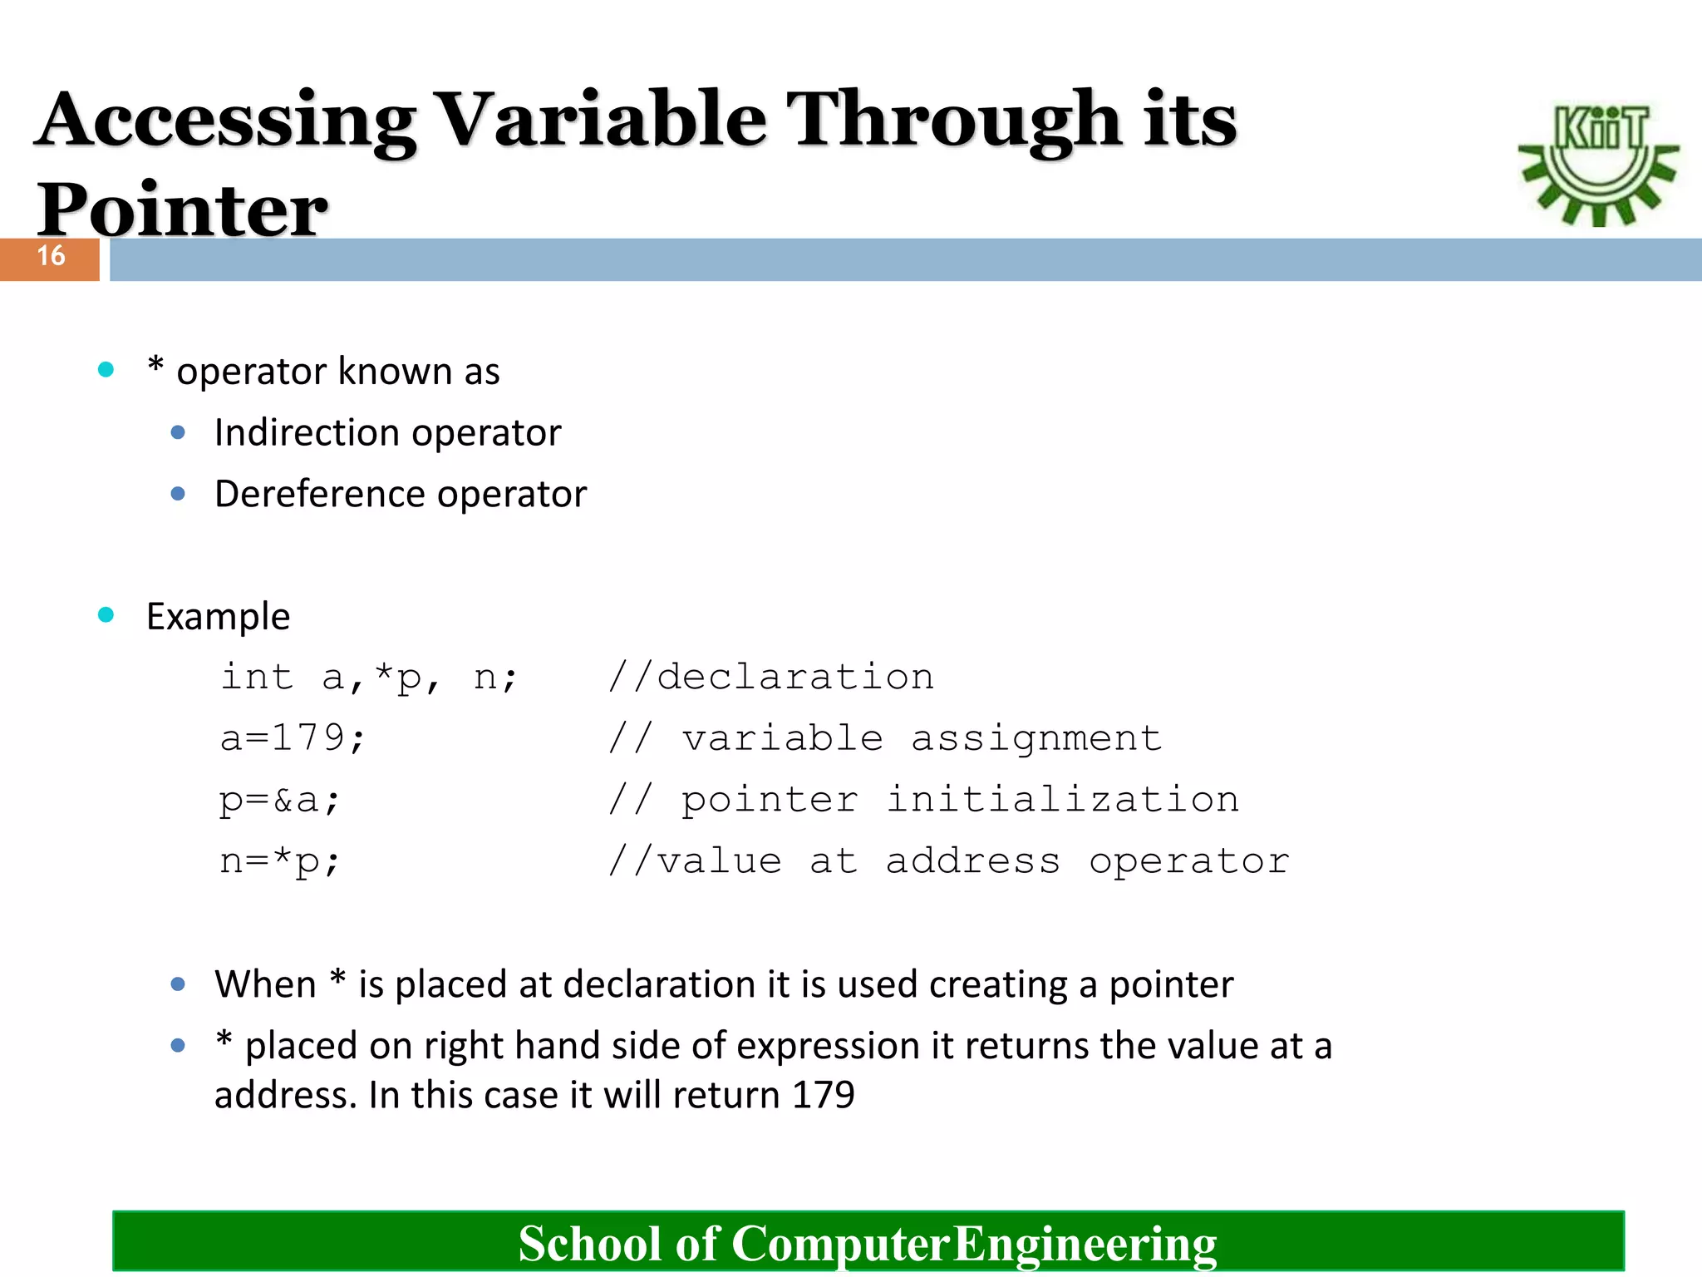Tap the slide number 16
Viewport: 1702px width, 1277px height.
(51, 256)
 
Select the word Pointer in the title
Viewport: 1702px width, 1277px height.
(182, 210)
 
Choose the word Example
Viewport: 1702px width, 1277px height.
(218, 617)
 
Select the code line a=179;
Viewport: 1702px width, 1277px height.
(292, 738)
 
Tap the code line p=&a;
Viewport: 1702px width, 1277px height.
(279, 800)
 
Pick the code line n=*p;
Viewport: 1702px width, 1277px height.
(279, 861)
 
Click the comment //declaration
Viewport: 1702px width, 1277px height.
(770, 677)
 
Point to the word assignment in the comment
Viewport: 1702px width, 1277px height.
(1035, 738)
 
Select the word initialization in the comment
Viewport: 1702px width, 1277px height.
(1062, 800)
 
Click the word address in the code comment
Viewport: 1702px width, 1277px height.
(972, 861)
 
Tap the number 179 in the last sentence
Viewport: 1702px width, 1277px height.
(823, 1095)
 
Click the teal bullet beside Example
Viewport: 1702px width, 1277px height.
(106, 615)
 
